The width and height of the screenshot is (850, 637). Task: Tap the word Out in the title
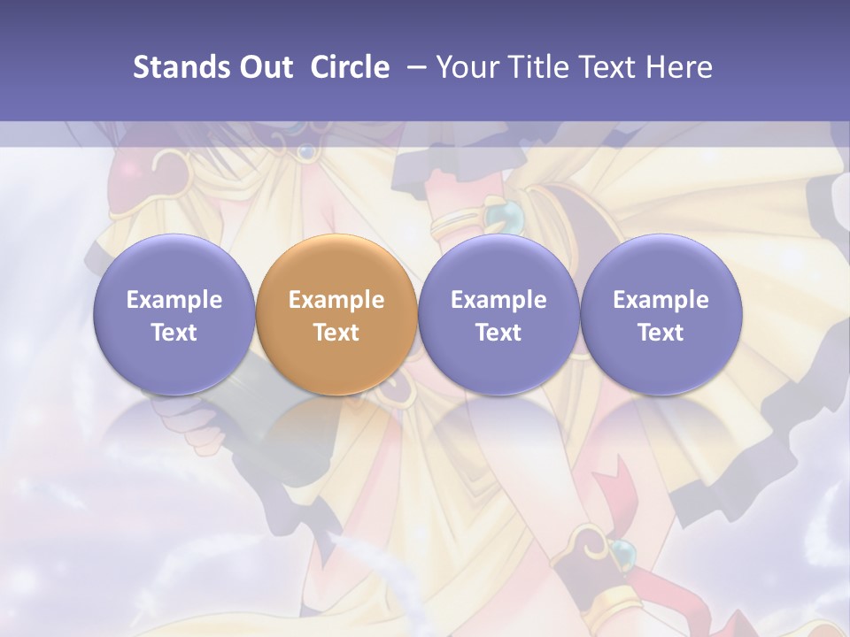(263, 67)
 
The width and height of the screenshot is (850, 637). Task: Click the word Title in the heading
(538, 67)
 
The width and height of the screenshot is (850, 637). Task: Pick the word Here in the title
(681, 67)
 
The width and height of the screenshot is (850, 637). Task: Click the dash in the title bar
(413, 67)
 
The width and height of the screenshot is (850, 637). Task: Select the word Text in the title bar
(612, 67)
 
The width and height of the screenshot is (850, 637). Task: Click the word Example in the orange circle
(336, 300)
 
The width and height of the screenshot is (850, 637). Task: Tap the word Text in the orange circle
(336, 333)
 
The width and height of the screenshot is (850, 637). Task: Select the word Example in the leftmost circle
(174, 300)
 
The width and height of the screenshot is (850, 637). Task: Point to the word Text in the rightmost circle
(661, 333)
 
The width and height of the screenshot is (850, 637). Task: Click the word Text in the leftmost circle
(174, 333)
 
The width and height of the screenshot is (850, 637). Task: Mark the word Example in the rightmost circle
(661, 300)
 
